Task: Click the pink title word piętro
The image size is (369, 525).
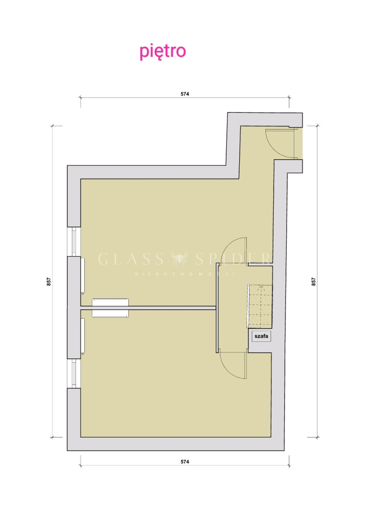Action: [x=163, y=52]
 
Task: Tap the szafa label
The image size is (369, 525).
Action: [x=261, y=336]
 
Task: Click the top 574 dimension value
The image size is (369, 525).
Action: [x=184, y=94]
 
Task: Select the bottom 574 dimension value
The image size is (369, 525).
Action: [x=184, y=468]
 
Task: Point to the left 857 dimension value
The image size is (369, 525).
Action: [x=49, y=281]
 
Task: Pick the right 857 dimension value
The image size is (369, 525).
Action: [x=313, y=281]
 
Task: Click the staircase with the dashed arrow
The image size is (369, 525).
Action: [x=260, y=306]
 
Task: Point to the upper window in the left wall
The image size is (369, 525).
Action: [x=74, y=241]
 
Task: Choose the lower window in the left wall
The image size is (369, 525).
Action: [x=74, y=373]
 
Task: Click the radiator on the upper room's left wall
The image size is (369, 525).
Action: [x=83, y=276]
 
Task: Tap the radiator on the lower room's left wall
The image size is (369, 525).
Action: [x=83, y=336]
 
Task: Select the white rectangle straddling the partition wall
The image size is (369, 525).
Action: [x=110, y=308]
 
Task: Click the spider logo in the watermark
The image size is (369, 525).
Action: [x=179, y=259]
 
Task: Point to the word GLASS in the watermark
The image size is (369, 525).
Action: [x=131, y=259]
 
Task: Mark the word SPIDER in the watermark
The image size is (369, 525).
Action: [x=233, y=259]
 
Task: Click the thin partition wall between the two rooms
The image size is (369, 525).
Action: [x=148, y=308]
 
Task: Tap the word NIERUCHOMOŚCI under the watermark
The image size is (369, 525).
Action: [x=184, y=274]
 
